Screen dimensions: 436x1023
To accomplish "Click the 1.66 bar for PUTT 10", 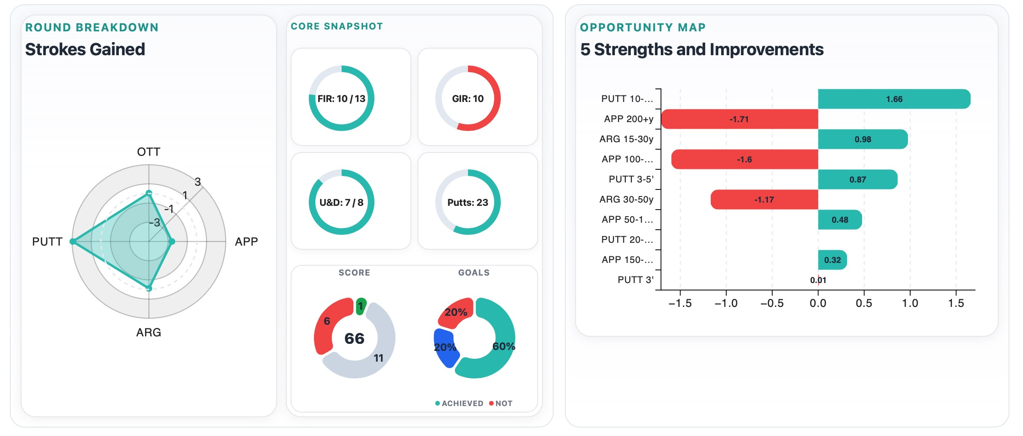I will coord(894,99).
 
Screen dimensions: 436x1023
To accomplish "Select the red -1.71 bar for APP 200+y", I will coord(739,119).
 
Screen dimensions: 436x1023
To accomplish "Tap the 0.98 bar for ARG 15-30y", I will coord(862,139).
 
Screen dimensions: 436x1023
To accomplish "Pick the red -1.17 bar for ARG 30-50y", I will coord(764,200).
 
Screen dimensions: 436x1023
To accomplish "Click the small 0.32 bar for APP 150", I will coord(832,260).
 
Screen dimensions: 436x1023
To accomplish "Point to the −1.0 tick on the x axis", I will coord(726,303).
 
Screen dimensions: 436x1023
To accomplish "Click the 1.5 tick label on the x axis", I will coord(956,303).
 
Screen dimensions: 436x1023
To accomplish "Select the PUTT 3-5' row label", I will coord(630,180).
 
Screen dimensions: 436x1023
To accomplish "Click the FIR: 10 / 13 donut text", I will coord(341,99).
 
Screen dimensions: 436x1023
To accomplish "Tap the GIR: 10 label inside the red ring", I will coord(468,99).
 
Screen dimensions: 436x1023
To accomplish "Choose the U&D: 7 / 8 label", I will coord(341,203).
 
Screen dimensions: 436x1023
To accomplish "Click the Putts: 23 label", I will coord(468,203).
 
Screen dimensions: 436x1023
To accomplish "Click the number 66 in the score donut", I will coord(354,338).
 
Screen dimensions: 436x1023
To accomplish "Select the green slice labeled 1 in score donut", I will coord(361,306).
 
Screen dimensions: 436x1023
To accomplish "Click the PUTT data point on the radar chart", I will coord(73,241).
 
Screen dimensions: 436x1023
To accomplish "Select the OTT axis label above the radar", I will coord(148,152).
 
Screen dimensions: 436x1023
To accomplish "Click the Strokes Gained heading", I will coord(85,50).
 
